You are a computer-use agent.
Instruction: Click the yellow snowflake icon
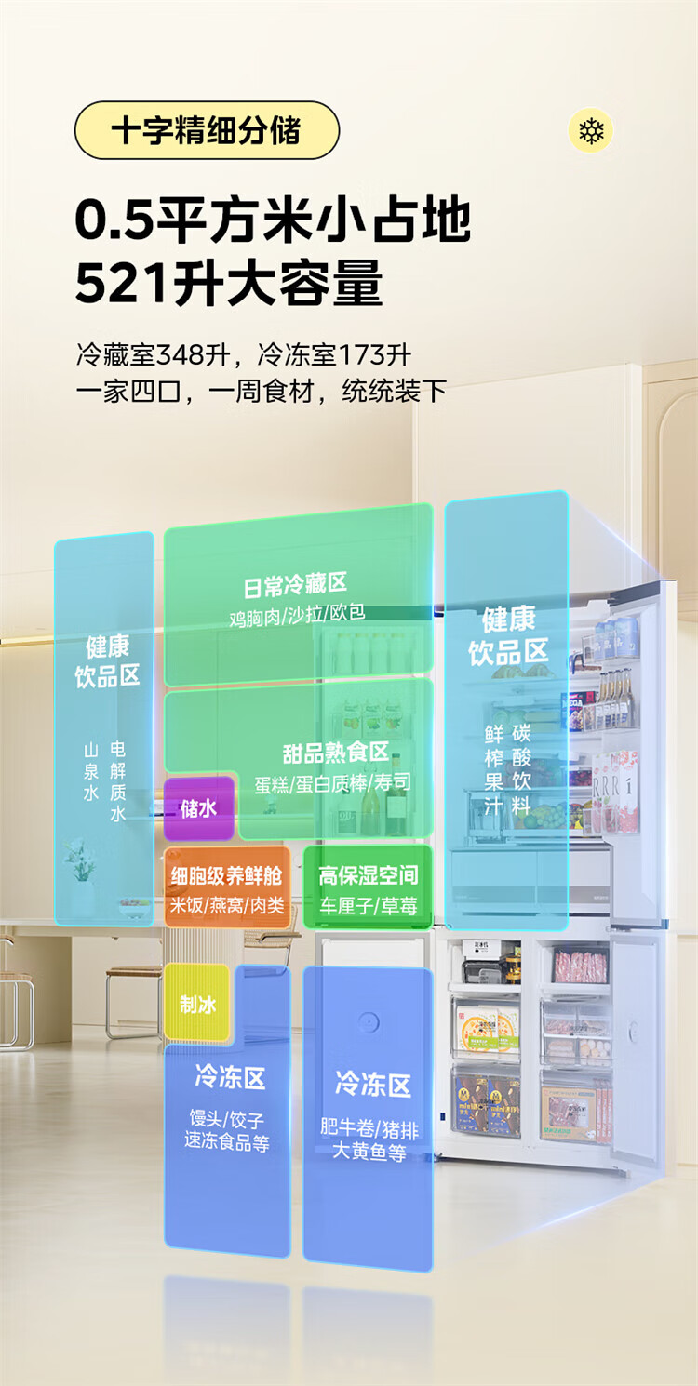click(x=591, y=131)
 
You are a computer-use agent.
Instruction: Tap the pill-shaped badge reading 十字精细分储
click(x=207, y=130)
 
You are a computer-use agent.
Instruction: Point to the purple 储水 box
click(x=198, y=808)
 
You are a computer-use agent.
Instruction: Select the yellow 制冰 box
click(x=197, y=1004)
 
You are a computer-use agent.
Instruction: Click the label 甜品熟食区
click(x=336, y=753)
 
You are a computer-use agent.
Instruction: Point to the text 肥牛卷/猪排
click(x=369, y=1129)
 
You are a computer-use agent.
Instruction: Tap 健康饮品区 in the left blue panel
click(x=108, y=661)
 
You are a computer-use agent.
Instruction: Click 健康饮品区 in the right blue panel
click(x=508, y=635)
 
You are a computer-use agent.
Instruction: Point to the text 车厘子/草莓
click(x=369, y=906)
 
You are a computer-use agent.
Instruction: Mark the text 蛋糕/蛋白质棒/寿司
click(x=332, y=783)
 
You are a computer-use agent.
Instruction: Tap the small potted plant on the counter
click(x=80, y=860)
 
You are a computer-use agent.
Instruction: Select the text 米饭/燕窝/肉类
click(x=227, y=905)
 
